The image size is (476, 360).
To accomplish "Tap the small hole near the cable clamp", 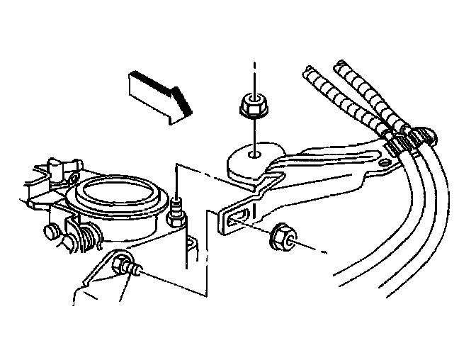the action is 385,164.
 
